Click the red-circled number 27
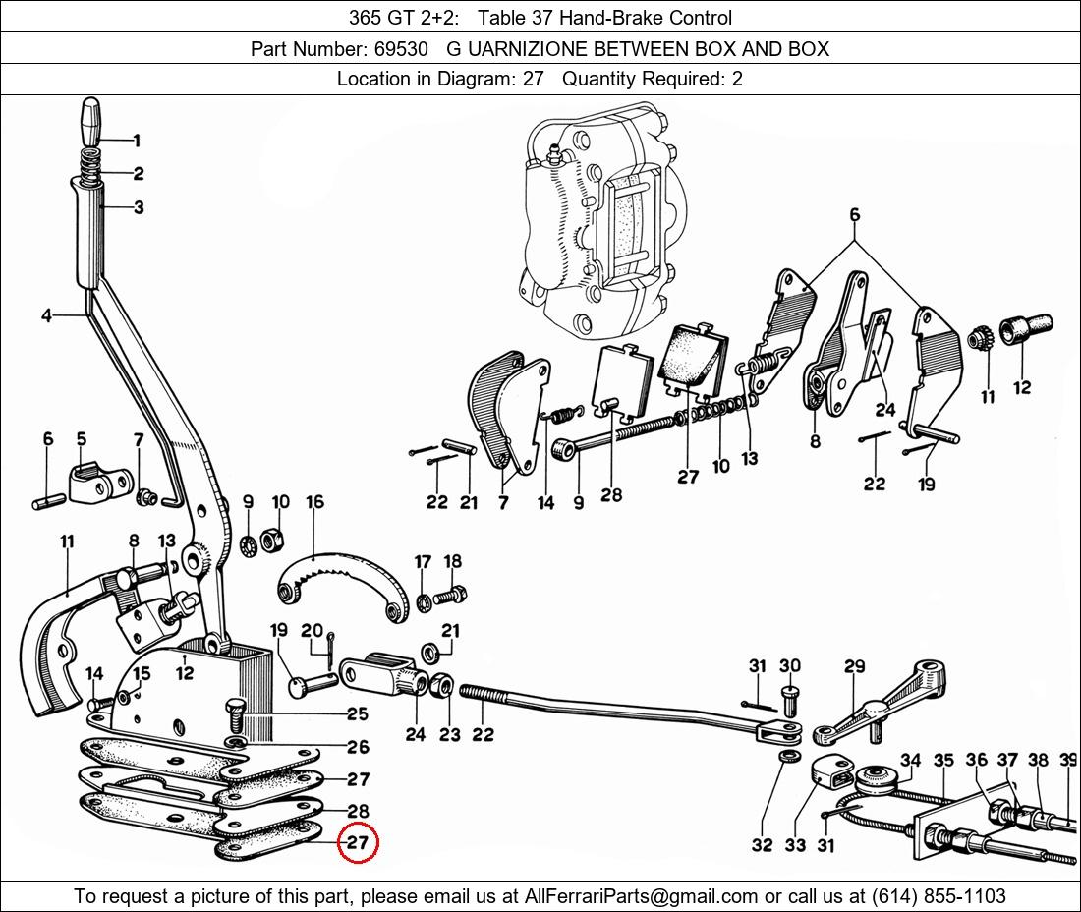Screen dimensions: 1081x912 358,842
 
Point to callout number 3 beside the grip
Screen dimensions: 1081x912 139,206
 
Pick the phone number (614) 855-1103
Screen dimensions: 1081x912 939,896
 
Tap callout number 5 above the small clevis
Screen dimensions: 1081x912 82,439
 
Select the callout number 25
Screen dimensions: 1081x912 358,713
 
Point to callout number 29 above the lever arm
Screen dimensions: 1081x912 854,666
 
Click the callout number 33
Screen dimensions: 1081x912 795,844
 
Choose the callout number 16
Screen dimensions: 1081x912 314,501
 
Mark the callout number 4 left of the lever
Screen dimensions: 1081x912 47,315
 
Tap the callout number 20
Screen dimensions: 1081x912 312,630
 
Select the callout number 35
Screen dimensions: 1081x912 943,760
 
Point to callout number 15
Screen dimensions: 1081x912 142,673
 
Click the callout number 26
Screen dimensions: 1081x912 358,747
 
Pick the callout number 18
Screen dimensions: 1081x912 452,562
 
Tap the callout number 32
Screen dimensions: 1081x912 762,844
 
